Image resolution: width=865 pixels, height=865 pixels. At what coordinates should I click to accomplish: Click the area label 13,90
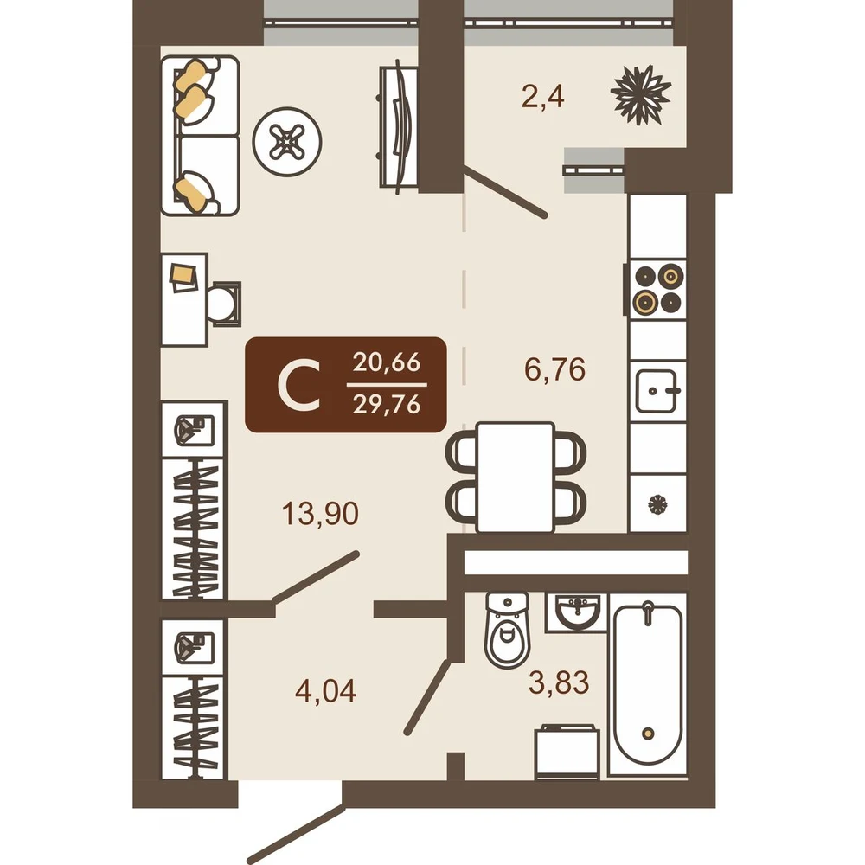click(320, 513)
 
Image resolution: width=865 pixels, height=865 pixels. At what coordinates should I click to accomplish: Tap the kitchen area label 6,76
click(555, 369)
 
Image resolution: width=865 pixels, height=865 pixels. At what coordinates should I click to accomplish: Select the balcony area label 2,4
click(543, 97)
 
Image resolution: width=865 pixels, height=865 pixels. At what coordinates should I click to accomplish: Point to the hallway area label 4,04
click(325, 690)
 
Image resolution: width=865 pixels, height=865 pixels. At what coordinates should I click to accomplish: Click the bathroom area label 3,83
click(559, 682)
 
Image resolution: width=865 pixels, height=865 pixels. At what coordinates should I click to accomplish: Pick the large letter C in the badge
click(299, 385)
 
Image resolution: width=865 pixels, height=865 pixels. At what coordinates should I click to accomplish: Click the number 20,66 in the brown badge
click(387, 362)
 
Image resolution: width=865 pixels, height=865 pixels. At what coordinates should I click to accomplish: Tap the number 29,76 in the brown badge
click(387, 405)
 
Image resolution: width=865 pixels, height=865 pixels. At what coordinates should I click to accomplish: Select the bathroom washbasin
click(576, 612)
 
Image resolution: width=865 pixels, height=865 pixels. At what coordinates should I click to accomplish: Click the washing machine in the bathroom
click(567, 752)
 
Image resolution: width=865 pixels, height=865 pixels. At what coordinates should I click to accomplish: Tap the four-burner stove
click(657, 289)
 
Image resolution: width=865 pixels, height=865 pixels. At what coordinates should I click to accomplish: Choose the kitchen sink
click(657, 392)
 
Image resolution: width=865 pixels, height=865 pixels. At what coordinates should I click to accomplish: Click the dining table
click(516, 477)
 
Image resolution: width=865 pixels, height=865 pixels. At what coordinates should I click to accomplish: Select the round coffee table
click(287, 142)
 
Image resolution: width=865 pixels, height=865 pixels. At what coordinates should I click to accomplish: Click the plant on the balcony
click(641, 94)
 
